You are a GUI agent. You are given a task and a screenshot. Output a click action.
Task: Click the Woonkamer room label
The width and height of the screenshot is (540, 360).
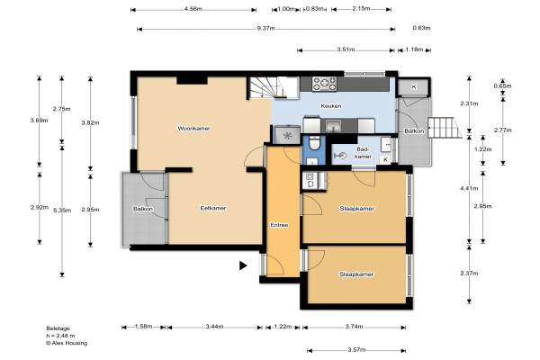click(x=193, y=129)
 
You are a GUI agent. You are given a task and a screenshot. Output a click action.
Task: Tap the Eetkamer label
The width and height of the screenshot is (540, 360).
click(x=213, y=208)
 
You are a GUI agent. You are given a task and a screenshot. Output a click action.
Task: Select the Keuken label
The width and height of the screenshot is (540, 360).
click(x=331, y=106)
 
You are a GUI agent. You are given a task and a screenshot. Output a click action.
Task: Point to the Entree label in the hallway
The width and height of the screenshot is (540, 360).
click(x=279, y=225)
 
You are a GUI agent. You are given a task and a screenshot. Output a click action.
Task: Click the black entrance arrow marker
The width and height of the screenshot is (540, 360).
click(x=243, y=265)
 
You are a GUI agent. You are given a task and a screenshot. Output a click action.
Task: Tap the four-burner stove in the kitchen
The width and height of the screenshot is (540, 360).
click(x=324, y=84)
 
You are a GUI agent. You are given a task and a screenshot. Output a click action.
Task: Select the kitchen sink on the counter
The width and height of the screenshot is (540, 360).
click(x=333, y=125)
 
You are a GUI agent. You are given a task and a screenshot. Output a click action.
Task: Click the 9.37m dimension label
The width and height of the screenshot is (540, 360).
click(x=265, y=28)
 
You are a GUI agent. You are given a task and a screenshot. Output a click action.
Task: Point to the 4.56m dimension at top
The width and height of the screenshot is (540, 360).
click(x=193, y=9)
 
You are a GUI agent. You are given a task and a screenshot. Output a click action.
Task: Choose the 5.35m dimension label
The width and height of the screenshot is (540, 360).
click(x=62, y=210)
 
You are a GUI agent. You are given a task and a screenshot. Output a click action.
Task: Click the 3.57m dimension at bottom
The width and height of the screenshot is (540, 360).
click(x=356, y=350)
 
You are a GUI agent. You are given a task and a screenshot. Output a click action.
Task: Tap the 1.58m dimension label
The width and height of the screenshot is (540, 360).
click(x=143, y=326)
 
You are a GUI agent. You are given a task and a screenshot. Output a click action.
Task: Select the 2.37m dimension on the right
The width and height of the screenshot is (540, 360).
click(x=469, y=274)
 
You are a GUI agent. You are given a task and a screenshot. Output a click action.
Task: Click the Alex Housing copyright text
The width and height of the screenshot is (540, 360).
click(x=67, y=343)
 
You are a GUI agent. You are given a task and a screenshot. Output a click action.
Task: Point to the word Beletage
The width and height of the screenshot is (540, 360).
click(x=58, y=328)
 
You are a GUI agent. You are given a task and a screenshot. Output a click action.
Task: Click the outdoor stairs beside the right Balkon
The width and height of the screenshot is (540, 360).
click(x=445, y=128)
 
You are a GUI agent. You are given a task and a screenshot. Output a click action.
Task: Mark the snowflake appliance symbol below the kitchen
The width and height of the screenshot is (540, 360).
click(x=287, y=136)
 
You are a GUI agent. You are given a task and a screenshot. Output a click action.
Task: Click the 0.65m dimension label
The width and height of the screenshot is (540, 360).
click(x=502, y=86)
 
